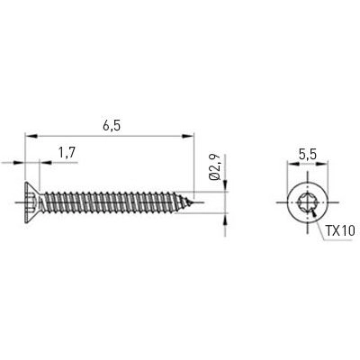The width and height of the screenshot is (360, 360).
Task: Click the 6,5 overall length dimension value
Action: [112, 127]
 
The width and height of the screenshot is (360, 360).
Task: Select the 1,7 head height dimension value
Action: [66, 154]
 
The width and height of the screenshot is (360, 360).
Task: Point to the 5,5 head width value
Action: [307, 154]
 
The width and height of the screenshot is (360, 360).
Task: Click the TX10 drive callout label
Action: [338, 230]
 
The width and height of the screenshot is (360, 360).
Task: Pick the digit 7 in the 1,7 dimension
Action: [71, 154]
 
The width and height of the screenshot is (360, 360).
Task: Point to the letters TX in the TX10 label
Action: [331, 230]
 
